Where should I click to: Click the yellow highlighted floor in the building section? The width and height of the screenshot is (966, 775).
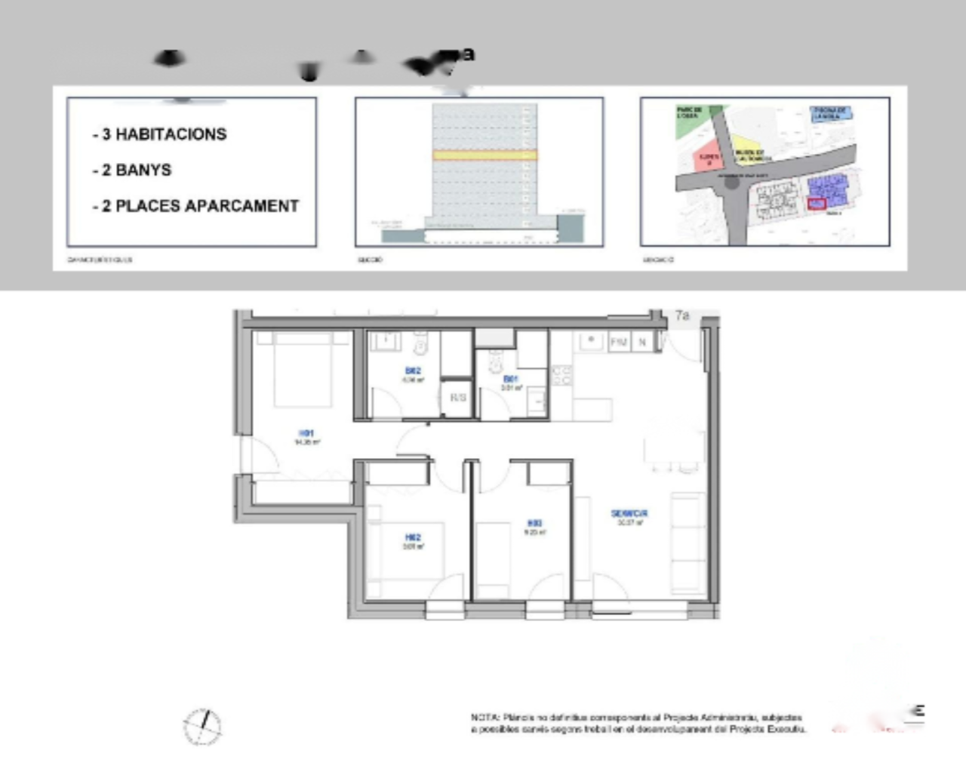point(485,155)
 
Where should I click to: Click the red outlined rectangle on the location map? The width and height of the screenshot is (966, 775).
point(817,203)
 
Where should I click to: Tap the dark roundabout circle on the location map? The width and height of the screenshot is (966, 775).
point(731,181)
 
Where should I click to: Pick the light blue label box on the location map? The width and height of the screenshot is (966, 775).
point(831,113)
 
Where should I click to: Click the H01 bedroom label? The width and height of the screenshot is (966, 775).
point(306,433)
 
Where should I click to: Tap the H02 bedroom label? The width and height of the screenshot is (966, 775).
point(413,537)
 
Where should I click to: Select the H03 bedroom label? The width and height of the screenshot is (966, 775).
point(534,523)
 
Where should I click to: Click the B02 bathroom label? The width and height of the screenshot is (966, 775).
point(413,371)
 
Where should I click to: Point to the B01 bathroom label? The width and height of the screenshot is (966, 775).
point(511,379)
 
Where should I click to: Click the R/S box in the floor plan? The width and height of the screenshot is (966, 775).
point(458,397)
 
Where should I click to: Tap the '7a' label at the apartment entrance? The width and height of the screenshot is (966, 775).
point(682,315)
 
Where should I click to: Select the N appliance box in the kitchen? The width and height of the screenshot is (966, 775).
point(642,342)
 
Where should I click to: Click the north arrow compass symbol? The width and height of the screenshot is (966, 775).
point(202,727)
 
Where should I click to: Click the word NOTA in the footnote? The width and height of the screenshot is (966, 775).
point(485,718)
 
